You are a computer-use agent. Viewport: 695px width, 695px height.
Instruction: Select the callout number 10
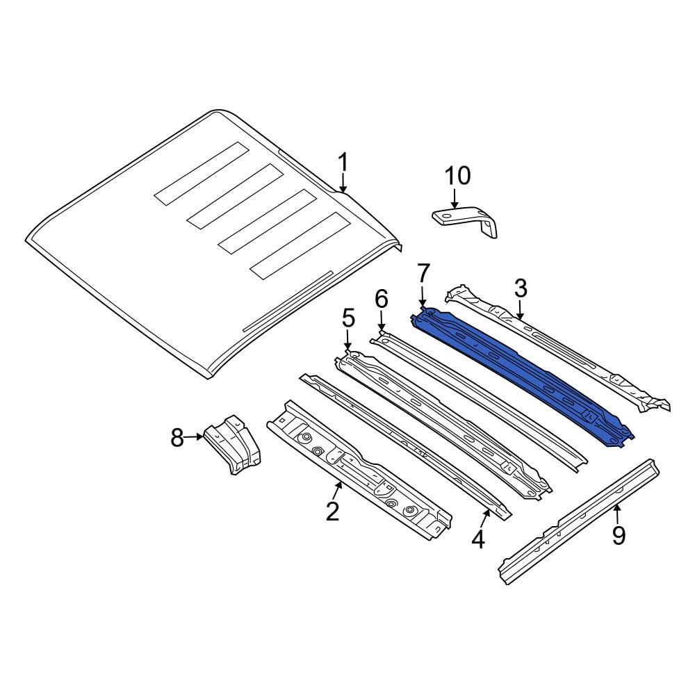(457, 176)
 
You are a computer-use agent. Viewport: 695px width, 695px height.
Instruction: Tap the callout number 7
(423, 273)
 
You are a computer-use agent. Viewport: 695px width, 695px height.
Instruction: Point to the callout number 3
(521, 288)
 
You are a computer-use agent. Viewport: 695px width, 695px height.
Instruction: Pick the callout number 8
(177, 439)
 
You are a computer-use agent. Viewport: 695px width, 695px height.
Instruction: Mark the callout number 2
(332, 511)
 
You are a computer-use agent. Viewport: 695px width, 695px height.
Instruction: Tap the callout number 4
(478, 539)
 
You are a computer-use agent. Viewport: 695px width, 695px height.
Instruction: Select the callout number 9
(619, 535)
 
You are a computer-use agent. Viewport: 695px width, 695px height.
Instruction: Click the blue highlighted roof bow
(523, 377)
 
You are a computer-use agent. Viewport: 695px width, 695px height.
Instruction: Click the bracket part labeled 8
(233, 445)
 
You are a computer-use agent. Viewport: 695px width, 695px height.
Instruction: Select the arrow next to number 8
(194, 436)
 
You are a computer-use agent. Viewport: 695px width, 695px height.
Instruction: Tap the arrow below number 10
(455, 198)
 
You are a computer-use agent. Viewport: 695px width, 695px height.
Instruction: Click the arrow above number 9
(616, 514)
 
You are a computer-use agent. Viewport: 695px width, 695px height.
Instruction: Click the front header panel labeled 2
(359, 470)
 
